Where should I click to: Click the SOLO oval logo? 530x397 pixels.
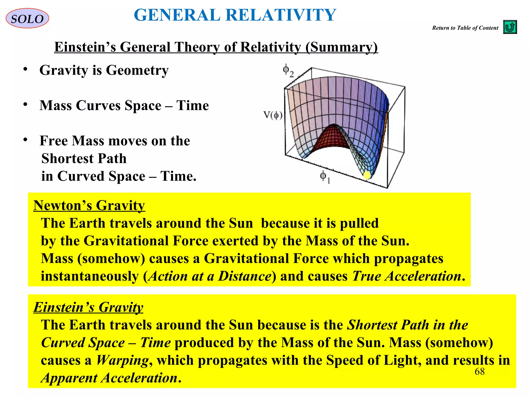pyautogui.click(x=27, y=18)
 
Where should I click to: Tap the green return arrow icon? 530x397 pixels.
pyautogui.click(x=510, y=27)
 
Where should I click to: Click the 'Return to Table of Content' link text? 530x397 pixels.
pyautogui.click(x=465, y=28)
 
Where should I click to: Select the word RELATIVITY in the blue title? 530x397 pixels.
pyautogui.click(x=281, y=15)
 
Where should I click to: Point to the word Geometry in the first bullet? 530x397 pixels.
pyautogui.click(x=137, y=70)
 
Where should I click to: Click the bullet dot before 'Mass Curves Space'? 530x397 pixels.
pyautogui.click(x=25, y=104)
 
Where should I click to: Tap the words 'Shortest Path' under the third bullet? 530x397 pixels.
pyautogui.click(x=84, y=158)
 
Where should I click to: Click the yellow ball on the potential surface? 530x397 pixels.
pyautogui.click(x=367, y=175)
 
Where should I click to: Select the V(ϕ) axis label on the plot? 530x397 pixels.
pyautogui.click(x=273, y=115)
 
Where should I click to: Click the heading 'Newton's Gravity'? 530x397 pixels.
pyautogui.click(x=89, y=205)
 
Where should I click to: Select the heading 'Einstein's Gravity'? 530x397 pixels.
pyautogui.click(x=88, y=307)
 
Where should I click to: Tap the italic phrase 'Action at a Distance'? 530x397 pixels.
pyautogui.click(x=210, y=276)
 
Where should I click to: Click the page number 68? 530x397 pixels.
pyautogui.click(x=479, y=372)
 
